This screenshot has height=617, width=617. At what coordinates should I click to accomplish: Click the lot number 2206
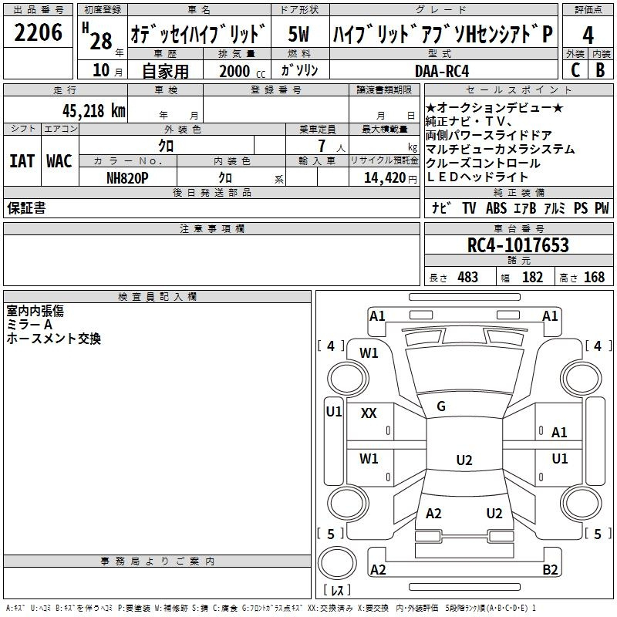tap(38, 32)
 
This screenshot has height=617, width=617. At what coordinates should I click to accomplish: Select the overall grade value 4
tap(588, 35)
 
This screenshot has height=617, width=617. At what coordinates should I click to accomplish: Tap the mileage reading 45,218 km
tap(94, 111)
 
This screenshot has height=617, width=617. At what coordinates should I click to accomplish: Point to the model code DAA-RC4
tap(442, 71)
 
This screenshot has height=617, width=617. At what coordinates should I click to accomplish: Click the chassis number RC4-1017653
tap(518, 244)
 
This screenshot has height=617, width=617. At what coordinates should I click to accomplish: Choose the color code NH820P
tap(127, 178)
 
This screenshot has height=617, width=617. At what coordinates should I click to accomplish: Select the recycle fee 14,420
tap(385, 178)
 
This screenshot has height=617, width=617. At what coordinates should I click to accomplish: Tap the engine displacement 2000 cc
tap(242, 71)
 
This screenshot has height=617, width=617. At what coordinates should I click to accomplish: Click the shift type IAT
tap(22, 161)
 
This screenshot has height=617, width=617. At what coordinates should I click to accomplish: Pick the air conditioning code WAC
tap(59, 161)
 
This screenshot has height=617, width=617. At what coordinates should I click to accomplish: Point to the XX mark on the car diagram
tap(369, 413)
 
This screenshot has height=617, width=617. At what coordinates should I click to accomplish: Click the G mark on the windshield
tap(441, 406)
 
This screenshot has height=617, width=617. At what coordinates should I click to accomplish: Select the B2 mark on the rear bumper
tap(550, 569)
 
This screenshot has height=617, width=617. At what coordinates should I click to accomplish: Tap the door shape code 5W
tap(298, 34)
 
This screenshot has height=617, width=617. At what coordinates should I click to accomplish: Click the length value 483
tap(468, 278)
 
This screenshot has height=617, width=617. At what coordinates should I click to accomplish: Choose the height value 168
tap(594, 278)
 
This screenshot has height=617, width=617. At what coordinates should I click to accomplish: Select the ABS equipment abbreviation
tap(496, 208)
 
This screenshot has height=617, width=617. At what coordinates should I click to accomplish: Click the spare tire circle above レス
tap(337, 563)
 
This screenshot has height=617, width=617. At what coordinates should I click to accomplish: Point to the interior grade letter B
tap(600, 70)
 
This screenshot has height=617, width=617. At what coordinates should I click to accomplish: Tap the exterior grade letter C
tap(575, 70)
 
